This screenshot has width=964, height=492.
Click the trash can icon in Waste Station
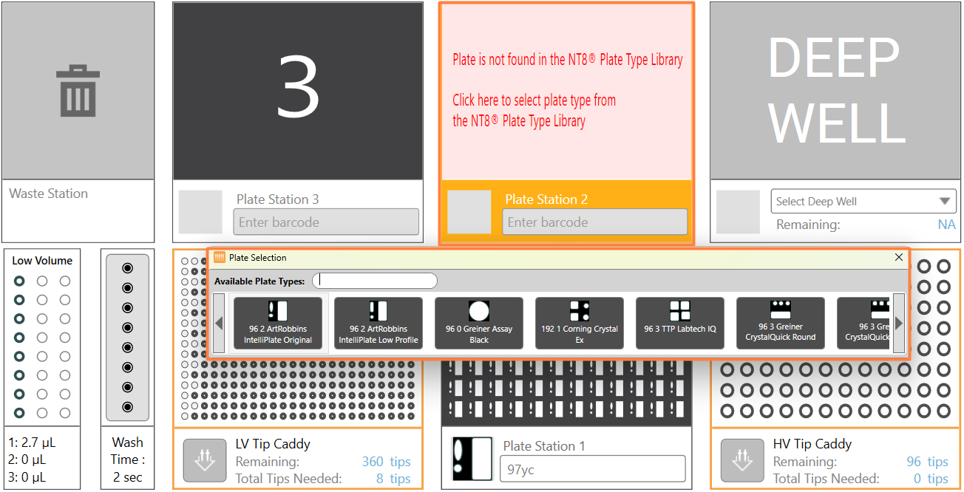78,91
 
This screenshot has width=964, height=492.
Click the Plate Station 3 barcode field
326,222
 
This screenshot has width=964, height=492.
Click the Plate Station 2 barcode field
594,222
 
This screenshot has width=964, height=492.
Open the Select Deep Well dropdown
863,201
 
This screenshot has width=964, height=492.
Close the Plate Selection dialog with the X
899,257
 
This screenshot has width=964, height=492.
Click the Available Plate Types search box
375,281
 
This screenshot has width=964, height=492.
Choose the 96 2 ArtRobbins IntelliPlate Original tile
278,323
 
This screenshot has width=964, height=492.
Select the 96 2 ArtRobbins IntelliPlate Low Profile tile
379,323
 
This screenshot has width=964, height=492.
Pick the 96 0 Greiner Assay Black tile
479,323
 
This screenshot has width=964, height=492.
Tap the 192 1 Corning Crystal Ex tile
580,323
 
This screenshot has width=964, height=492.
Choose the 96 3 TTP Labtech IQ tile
680,323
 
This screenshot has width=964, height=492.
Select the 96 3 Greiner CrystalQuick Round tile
781,323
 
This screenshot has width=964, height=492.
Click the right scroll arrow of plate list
899,323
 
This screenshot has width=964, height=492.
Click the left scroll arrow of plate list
219,323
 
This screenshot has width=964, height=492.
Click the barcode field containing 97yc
593,469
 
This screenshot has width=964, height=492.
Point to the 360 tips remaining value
386,462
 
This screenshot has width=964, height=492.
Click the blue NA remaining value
946,224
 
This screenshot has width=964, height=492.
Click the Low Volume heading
42,261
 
